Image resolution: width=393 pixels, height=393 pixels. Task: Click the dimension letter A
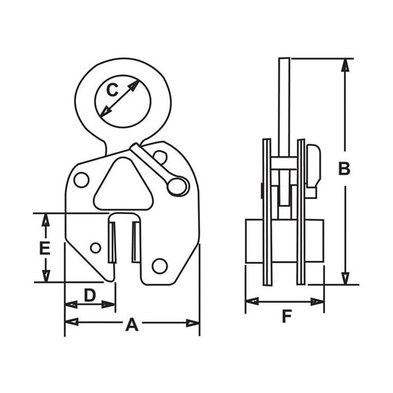click(132, 324)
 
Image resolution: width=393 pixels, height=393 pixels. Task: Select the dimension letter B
click(344, 168)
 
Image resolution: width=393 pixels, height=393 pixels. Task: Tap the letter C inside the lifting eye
click(113, 90)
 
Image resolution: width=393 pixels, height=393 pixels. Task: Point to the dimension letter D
click(90, 296)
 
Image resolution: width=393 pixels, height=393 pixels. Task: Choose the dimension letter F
click(286, 316)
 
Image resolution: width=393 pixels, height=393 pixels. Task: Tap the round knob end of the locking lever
click(176, 186)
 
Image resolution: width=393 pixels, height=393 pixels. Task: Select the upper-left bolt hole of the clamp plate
click(81, 179)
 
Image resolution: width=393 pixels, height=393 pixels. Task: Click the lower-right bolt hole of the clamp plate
click(159, 265)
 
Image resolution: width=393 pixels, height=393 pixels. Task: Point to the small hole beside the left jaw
click(96, 248)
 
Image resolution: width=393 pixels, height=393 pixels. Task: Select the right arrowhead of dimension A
click(194, 322)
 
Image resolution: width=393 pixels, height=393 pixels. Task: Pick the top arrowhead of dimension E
click(45, 218)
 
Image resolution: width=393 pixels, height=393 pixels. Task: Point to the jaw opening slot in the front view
click(124, 242)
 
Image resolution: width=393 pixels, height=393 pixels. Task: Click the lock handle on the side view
click(314, 167)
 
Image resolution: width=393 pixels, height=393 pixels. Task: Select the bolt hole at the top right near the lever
click(160, 157)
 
